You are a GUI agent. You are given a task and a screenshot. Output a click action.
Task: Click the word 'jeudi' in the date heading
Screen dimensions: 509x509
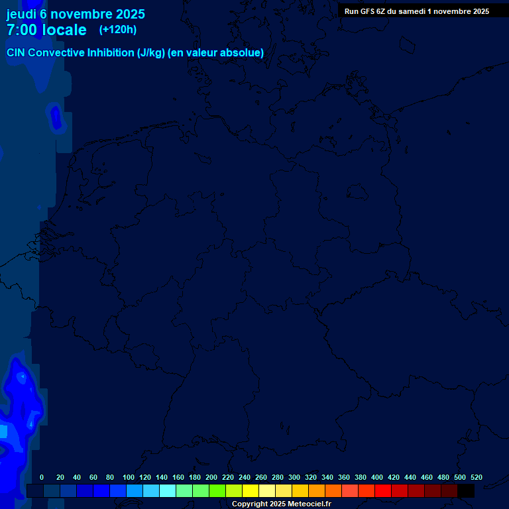pyautogui.click(x=21, y=14)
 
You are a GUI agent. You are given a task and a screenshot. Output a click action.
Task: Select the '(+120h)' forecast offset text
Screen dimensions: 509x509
pyautogui.click(x=118, y=30)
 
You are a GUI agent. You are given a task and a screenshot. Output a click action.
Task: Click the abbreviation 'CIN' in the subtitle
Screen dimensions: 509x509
pyautogui.click(x=16, y=53)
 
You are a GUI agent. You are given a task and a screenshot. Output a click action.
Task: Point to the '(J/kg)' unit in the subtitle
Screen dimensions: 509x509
pyautogui.click(x=151, y=53)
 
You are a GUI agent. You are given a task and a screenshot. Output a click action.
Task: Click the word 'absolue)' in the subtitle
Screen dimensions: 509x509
pyautogui.click(x=243, y=53)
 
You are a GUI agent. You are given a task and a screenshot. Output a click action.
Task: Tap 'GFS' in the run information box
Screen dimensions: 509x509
pyautogui.click(x=367, y=11)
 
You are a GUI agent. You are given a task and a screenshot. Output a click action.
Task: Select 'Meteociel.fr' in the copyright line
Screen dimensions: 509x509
pyautogui.click(x=304, y=504)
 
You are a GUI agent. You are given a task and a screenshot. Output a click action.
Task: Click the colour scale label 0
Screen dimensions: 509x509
pyautogui.click(x=42, y=477)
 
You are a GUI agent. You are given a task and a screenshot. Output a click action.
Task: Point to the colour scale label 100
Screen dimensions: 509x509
pyautogui.click(x=129, y=477)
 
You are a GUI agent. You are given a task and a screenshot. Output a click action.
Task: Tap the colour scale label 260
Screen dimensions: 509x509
pyautogui.click(x=261, y=477)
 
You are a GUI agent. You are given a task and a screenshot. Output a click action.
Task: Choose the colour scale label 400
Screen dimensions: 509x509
pyautogui.click(x=377, y=477)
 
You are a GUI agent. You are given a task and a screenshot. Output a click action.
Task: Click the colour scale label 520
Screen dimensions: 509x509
pyautogui.click(x=477, y=477)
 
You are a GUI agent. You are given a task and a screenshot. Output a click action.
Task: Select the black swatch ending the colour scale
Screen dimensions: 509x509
pyautogui.click(x=466, y=490)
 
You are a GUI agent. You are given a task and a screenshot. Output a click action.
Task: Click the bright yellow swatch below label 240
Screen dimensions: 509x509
pyautogui.click(x=251, y=490)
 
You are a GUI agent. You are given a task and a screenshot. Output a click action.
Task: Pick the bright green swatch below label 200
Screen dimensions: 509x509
pyautogui.click(x=217, y=490)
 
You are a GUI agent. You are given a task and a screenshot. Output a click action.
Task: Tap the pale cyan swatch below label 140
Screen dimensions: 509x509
pyautogui.click(x=168, y=490)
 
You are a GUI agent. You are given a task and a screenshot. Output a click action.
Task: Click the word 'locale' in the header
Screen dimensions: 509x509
pyautogui.click(x=64, y=30)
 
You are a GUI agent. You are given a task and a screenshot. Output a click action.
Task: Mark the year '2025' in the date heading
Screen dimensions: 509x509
pyautogui.click(x=130, y=14)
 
